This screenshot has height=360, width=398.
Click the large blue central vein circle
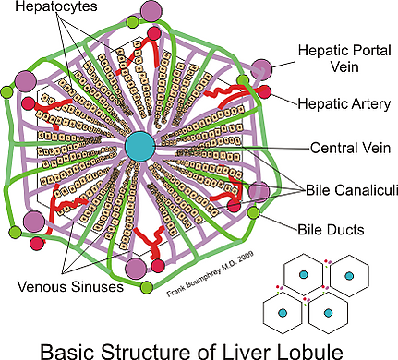coord(139,147)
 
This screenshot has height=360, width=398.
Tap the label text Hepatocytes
coord(56,6)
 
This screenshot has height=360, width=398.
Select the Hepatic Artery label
coord(344,104)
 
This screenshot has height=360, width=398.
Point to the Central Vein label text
coord(350,148)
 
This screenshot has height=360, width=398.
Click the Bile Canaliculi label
coord(352,190)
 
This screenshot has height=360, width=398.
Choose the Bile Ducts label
coord(331,230)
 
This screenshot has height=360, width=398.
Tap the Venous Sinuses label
coord(70,286)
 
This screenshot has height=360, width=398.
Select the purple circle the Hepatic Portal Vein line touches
coord(261,70)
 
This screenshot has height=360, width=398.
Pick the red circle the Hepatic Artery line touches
coord(264,92)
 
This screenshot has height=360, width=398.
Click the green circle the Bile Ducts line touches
coord(253,213)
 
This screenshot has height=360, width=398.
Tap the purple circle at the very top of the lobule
coord(151,11)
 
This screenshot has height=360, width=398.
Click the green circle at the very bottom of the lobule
coord(147,287)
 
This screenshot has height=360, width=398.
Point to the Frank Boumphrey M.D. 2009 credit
coord(211,274)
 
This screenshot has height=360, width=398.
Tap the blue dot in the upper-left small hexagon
coord(304,274)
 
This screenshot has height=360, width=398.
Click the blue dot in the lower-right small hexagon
coord(328,313)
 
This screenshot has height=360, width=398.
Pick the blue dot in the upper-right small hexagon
coord(349,276)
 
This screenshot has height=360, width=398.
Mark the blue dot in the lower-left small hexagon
coord(283,313)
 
